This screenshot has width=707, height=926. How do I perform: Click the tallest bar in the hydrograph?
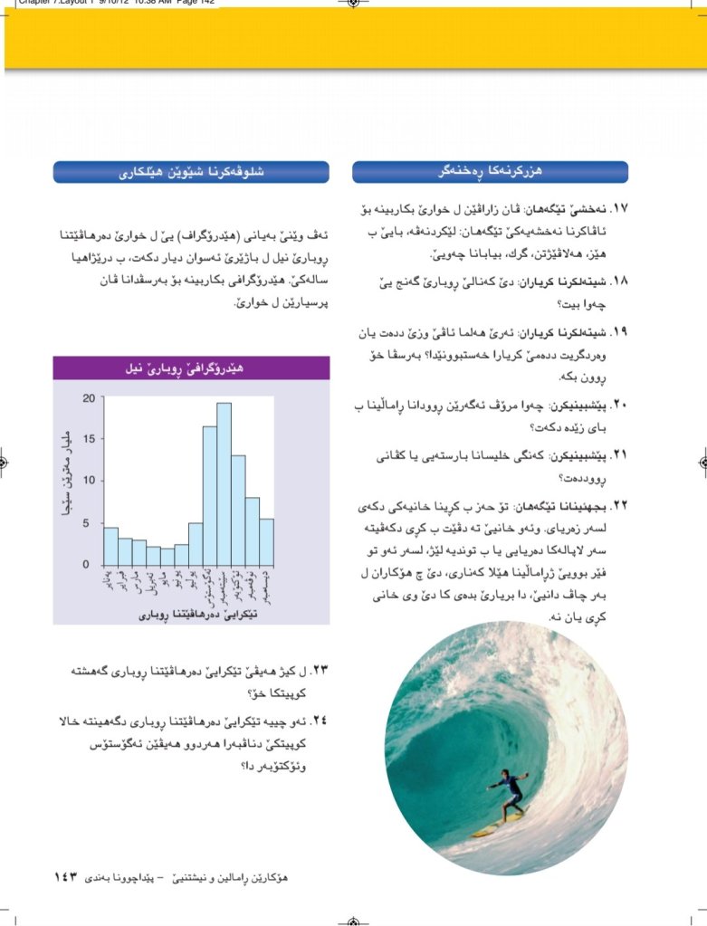[x=224, y=483]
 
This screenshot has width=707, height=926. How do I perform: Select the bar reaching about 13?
[x=238, y=510]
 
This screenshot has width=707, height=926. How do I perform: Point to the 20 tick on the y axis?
[x=88, y=398]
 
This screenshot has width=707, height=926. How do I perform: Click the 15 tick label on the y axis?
[x=88, y=440]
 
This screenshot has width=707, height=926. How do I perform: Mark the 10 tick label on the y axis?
[x=88, y=481]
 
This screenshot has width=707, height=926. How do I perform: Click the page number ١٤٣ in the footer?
[x=67, y=876]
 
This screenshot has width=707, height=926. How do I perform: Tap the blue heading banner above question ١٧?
[x=490, y=172]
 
